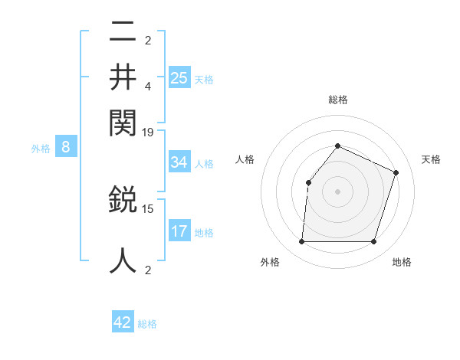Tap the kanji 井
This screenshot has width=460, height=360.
tap(123, 77)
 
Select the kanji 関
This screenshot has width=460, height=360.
tap(123, 120)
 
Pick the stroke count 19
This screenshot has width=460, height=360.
tap(148, 133)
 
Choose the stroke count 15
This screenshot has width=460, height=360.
tap(148, 208)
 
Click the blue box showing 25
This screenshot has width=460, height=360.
tap(179, 77)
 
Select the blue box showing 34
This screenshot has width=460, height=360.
tap(179, 162)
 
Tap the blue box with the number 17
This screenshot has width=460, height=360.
tap(179, 231)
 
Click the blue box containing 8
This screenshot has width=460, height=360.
tap(65, 148)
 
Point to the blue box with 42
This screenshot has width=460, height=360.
tap(123, 322)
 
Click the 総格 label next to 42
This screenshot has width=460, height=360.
tap(147, 324)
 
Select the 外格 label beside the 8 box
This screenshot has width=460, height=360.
tap(41, 149)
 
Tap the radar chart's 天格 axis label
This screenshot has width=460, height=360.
tap(431, 159)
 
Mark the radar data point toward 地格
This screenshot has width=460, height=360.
tap(373, 242)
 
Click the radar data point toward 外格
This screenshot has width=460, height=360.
tap(301, 242)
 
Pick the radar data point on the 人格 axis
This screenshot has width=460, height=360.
tap(308, 182)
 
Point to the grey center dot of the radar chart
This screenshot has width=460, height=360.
tap(337, 191)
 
